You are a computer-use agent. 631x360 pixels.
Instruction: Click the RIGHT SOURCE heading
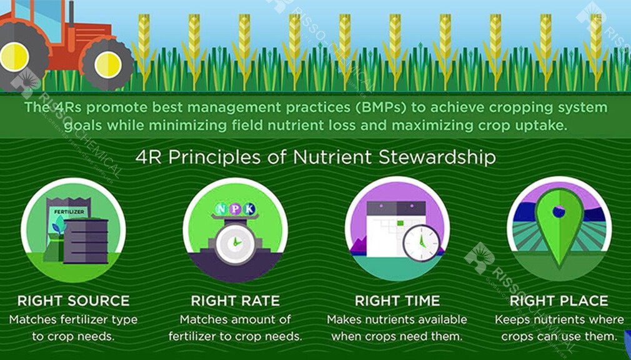[x=73, y=301]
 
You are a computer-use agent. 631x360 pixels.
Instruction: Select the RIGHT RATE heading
[x=235, y=301]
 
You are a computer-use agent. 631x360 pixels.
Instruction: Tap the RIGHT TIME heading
[x=397, y=301]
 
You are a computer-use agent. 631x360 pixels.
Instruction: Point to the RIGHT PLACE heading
[x=559, y=301]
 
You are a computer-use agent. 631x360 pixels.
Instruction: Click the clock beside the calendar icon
[x=422, y=241]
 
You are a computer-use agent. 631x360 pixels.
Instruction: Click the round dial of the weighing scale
[x=235, y=242]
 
